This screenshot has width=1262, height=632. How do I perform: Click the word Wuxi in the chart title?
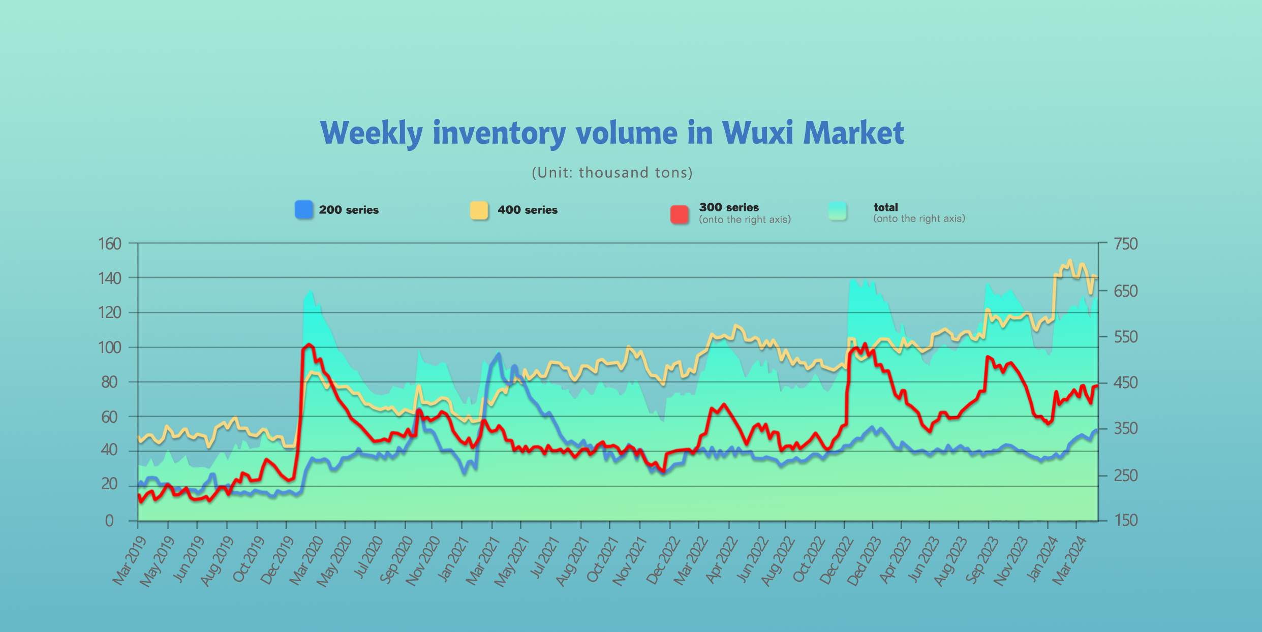(x=757, y=133)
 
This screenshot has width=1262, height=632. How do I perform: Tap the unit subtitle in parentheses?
(x=612, y=173)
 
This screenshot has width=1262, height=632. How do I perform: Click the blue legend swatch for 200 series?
(x=304, y=210)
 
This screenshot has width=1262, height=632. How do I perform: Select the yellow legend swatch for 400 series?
(x=479, y=210)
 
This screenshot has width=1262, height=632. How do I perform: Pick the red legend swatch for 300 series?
(x=680, y=214)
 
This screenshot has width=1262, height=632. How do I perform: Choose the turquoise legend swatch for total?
(x=837, y=211)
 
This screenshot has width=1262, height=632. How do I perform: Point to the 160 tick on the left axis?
(x=110, y=244)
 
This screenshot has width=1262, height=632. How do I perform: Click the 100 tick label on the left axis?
(x=110, y=347)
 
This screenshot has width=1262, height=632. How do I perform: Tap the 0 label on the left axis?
(x=109, y=521)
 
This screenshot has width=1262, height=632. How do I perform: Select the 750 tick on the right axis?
(x=1125, y=244)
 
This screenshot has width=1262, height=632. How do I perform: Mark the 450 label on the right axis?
(x=1125, y=383)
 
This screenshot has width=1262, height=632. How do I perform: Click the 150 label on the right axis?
(x=1125, y=520)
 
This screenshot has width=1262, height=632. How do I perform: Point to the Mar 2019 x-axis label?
(x=129, y=561)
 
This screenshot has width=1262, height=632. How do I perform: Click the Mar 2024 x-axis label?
(x=1068, y=561)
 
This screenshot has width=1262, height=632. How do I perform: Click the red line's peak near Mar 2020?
(x=309, y=344)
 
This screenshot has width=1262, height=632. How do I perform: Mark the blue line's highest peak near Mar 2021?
(x=499, y=354)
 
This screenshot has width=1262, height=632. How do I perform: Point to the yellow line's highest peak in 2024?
(x=1070, y=261)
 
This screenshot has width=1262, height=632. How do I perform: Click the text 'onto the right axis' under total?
(x=919, y=218)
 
